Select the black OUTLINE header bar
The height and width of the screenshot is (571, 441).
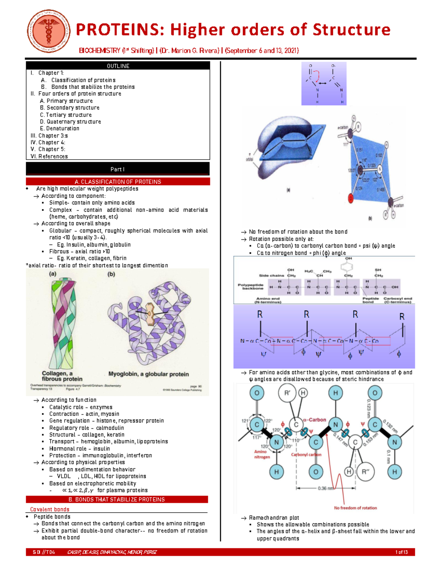tap(118, 66)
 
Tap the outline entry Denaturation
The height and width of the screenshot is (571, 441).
tap(62, 128)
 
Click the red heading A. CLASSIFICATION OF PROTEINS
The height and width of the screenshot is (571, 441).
tap(118, 182)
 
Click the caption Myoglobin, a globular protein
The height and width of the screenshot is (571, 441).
tap(148, 374)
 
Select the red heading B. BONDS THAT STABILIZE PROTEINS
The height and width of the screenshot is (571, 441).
tap(116, 499)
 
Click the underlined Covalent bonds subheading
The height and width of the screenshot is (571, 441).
tap(50, 509)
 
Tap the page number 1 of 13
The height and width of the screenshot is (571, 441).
tap(401, 552)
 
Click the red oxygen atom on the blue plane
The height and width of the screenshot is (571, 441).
tap(351, 199)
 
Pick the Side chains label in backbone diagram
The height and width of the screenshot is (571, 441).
tap(272, 275)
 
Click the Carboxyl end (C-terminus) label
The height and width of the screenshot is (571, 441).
tap(398, 300)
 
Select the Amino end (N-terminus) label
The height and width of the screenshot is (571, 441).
tap(268, 300)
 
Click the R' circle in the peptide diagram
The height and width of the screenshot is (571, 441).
tap(287, 393)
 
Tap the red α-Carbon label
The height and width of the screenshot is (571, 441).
tap(315, 420)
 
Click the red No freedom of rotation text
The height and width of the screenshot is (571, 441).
tap(355, 508)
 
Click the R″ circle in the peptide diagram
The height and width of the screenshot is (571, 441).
tap(365, 472)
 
